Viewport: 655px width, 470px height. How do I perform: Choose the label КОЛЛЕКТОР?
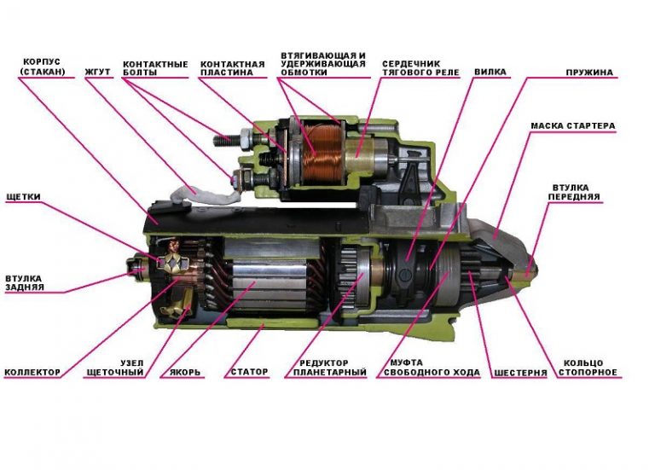point(32,372)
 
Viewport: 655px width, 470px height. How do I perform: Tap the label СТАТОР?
point(250,372)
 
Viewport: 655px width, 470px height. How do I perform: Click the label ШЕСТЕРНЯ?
point(520,373)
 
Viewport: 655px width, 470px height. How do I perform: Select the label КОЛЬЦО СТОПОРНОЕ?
point(590,368)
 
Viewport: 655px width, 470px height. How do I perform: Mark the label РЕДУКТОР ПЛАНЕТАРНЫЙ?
point(329,368)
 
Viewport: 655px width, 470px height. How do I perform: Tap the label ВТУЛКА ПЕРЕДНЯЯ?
point(576,190)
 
